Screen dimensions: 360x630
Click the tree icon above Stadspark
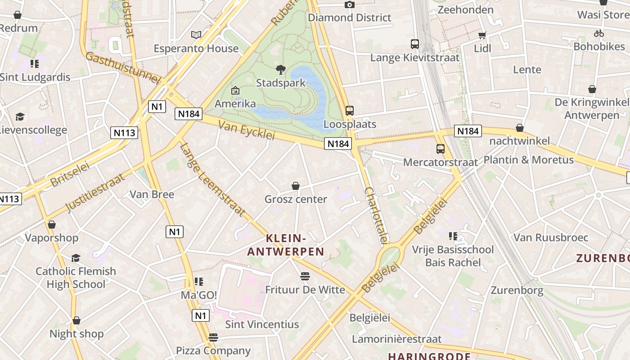281,70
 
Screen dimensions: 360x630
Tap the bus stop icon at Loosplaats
350,110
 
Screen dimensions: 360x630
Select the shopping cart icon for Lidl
482,35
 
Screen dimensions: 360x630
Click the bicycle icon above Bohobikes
598,33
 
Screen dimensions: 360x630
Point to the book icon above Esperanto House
196,35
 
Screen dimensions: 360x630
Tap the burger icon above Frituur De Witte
305,276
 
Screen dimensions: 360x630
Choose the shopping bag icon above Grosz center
296,186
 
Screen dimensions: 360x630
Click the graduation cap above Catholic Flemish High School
76,258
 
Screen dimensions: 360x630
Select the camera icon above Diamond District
350,4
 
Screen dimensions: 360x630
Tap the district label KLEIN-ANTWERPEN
286,245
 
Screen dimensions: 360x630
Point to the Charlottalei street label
376,216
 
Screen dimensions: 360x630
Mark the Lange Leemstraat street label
212,180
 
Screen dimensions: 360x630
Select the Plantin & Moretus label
528,160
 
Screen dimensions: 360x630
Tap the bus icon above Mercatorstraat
441,149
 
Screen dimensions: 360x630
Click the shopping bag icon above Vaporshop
52,225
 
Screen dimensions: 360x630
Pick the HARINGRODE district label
429,356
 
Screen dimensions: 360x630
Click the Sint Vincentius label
262,324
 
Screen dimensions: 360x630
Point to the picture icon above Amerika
235,90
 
